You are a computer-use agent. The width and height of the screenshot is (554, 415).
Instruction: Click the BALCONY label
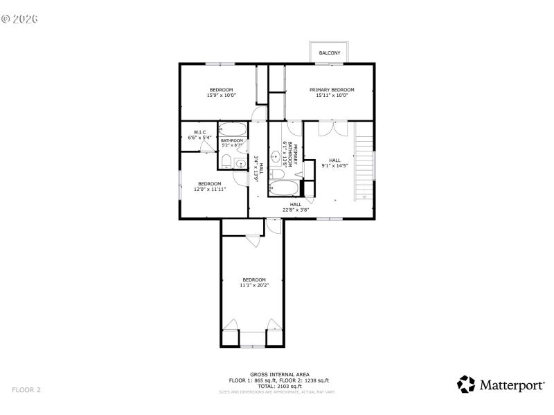coord(329,53)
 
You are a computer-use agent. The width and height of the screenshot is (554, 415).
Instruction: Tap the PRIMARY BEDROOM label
coord(332,90)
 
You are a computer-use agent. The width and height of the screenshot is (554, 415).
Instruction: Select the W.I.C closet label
coord(199,132)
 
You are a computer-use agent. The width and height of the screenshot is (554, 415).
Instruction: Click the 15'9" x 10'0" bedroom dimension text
coord(221,95)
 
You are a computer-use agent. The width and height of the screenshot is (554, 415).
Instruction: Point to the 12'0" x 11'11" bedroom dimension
coord(209,189)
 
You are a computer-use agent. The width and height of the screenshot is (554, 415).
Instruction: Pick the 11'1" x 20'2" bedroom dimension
coord(253,285)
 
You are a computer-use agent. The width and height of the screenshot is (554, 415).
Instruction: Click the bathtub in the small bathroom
coord(233,129)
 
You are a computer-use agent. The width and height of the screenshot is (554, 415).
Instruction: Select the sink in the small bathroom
coord(240,163)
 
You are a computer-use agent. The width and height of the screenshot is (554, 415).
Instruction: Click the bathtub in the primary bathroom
coord(284,189)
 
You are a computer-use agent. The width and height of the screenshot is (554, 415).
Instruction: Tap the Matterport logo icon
coord(467,385)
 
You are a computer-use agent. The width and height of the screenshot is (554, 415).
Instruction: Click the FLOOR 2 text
coord(26,390)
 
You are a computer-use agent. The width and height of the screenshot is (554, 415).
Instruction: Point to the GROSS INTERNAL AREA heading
coord(279,374)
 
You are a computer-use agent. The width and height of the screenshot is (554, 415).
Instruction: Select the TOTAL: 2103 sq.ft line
coord(279,385)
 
